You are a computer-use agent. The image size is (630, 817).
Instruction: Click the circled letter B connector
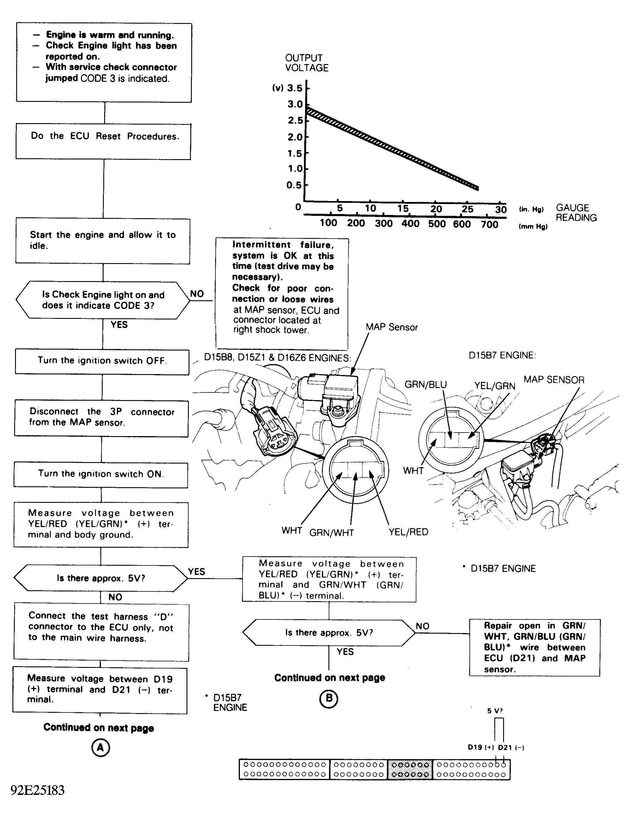pos(329,698)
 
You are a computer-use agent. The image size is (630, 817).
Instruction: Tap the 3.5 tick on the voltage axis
pos(294,88)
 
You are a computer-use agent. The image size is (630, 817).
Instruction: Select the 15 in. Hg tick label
pos(403,208)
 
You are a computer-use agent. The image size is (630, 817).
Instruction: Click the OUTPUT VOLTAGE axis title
pos(306,63)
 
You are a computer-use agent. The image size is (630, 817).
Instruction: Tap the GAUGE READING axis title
pos(576,213)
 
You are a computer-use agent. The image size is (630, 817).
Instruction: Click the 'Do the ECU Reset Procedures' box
pos(103,141)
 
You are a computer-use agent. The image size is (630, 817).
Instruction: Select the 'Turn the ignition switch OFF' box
pos(102,362)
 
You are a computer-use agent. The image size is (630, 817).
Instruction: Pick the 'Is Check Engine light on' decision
pos(103,300)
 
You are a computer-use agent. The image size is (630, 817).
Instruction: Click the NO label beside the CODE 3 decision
pos(197,294)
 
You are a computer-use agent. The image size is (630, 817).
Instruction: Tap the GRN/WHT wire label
pos(332,533)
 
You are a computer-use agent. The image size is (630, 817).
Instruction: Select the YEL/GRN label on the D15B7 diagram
pos(494,386)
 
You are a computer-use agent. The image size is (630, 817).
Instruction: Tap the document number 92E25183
pos(37,790)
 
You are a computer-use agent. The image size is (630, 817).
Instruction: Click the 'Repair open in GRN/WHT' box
pos(534,647)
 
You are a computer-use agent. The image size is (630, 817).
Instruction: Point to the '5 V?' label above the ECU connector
pos(495,711)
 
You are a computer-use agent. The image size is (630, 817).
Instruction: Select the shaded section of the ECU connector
pos(410,769)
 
